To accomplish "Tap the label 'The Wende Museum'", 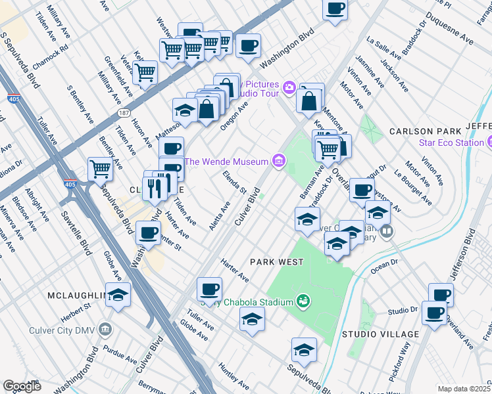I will [x=227, y=162].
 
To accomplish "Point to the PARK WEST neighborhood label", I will [x=277, y=262].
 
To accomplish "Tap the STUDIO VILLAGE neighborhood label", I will [x=380, y=334].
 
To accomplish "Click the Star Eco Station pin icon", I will [x=489, y=142].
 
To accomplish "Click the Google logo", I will [x=22, y=385].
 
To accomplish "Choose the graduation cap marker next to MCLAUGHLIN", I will [x=118, y=295].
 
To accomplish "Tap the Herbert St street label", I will [x=76, y=309].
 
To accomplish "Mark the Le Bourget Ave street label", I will [x=406, y=188].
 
